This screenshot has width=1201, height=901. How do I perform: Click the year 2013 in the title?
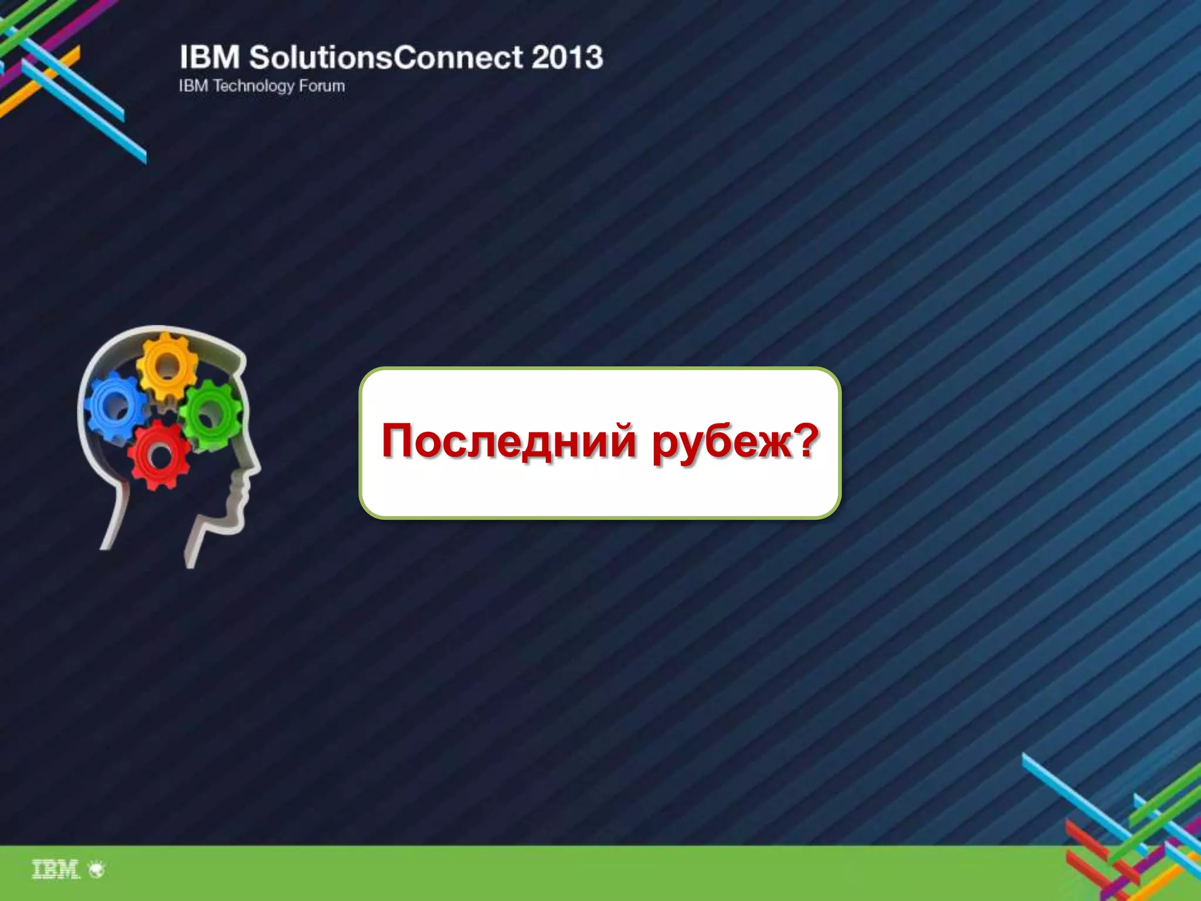[x=567, y=57]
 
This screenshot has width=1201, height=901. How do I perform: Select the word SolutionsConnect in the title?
[x=386, y=57]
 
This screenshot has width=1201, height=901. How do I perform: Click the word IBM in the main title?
[x=209, y=57]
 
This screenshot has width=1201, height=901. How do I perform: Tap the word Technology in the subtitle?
[x=253, y=86]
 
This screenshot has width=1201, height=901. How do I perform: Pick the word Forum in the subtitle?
[x=322, y=86]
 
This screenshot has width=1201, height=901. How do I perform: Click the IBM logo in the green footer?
[x=55, y=869]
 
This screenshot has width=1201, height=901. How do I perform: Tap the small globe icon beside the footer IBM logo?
[x=97, y=869]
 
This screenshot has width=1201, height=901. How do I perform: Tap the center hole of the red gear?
[x=160, y=456]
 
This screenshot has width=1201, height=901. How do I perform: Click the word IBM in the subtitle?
[x=193, y=86]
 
